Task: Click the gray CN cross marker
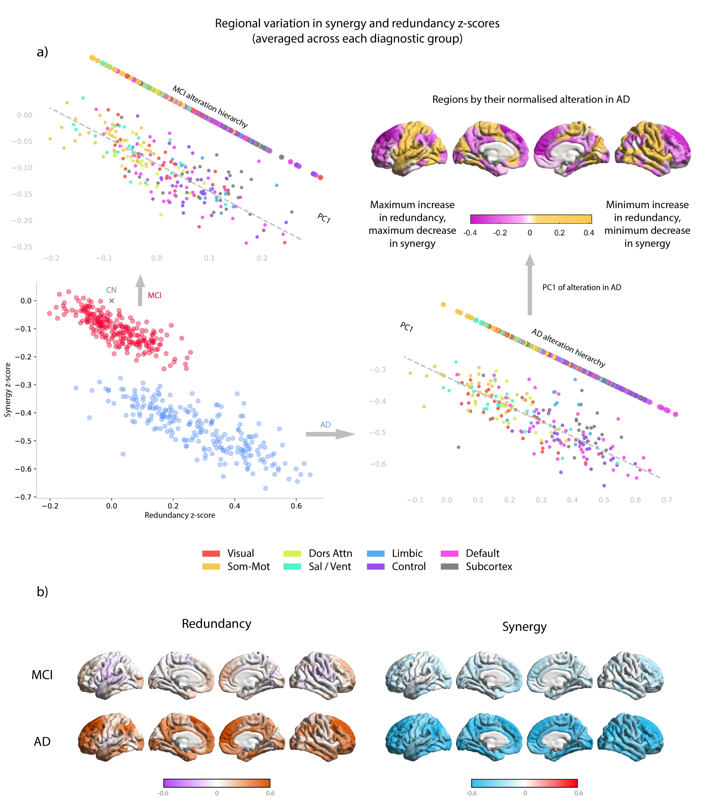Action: coord(112,300)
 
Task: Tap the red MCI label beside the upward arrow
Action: coord(154,296)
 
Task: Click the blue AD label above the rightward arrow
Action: coord(325,425)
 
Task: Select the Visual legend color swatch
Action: coord(211,553)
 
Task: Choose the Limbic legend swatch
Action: coord(376,553)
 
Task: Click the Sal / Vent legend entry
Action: coord(329,566)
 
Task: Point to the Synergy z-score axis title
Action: coord(8,390)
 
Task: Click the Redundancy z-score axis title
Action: coord(180,515)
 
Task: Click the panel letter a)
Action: coord(42,52)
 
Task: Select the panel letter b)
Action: coord(42,592)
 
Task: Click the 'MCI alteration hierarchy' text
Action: coord(210,106)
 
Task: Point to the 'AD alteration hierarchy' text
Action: coord(568,348)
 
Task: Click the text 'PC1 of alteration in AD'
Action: coord(582,287)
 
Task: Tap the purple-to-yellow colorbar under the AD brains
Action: coord(531,219)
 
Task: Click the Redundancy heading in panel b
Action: coord(217,624)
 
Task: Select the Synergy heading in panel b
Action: coord(524,627)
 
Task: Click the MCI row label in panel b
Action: coord(42,675)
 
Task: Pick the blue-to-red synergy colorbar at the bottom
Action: coord(524,783)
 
